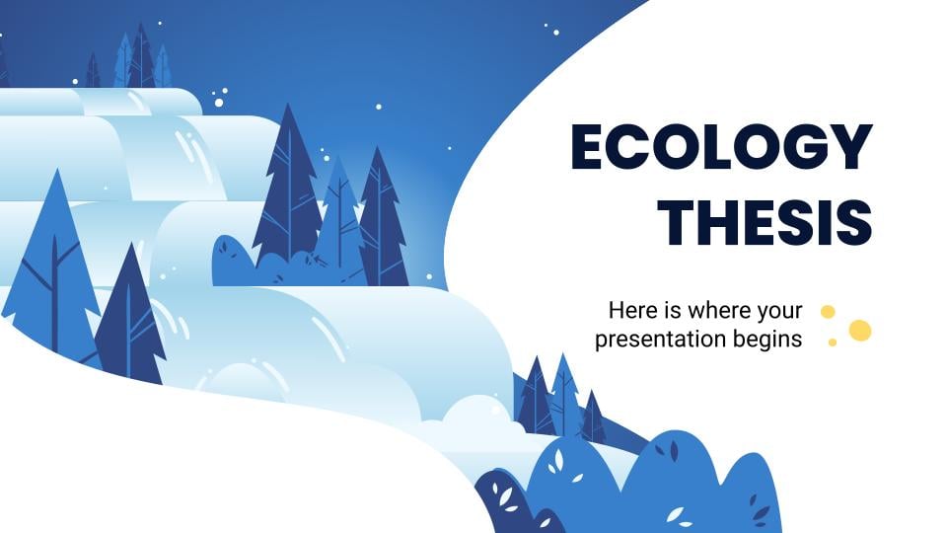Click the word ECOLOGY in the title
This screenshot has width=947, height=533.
tap(722, 147)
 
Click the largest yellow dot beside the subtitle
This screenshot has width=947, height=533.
tap(860, 331)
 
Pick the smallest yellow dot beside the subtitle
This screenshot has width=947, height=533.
tap(833, 343)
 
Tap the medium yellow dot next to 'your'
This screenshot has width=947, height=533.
tap(828, 312)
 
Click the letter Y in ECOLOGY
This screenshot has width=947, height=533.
tap(849, 147)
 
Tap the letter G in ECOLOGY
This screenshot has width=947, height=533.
tap(803, 147)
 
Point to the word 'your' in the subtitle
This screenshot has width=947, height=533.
tap(779, 313)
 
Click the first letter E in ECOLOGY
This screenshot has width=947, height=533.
tap(588, 147)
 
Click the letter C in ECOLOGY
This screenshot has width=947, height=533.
tap(630, 147)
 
